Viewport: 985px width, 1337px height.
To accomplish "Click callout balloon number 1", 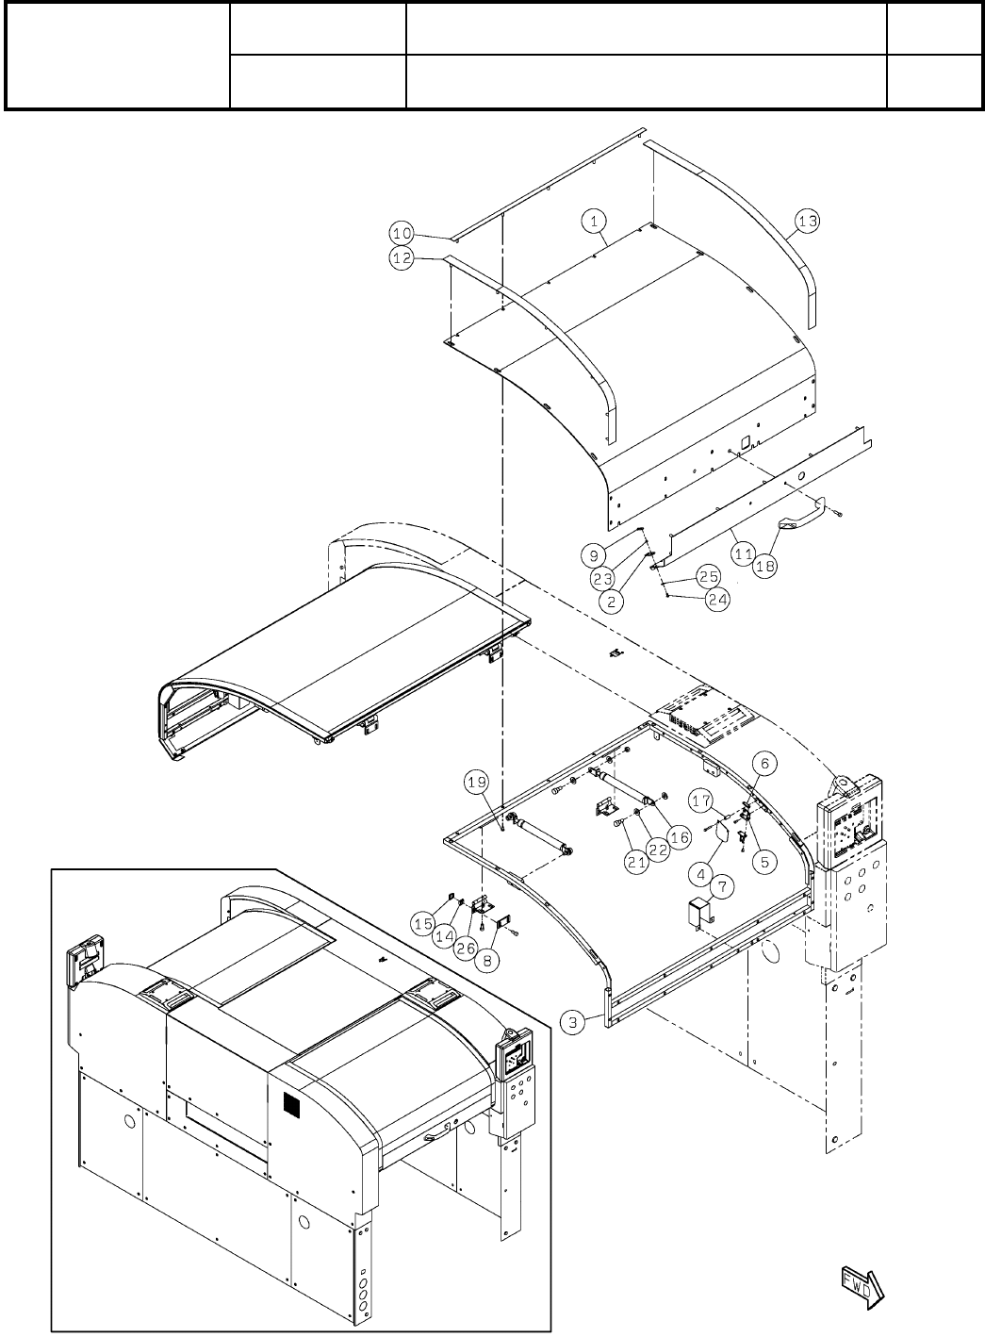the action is tap(594, 221).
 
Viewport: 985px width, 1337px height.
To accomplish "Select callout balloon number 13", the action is tap(808, 221).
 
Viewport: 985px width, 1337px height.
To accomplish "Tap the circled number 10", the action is tap(402, 233).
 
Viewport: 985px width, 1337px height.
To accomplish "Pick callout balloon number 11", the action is tap(743, 555).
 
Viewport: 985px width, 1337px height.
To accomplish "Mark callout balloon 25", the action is tap(709, 575).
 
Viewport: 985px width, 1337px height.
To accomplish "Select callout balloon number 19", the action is tap(477, 782).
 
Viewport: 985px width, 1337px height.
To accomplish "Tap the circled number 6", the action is tap(764, 763).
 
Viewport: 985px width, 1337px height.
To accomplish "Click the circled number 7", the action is tap(722, 887).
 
